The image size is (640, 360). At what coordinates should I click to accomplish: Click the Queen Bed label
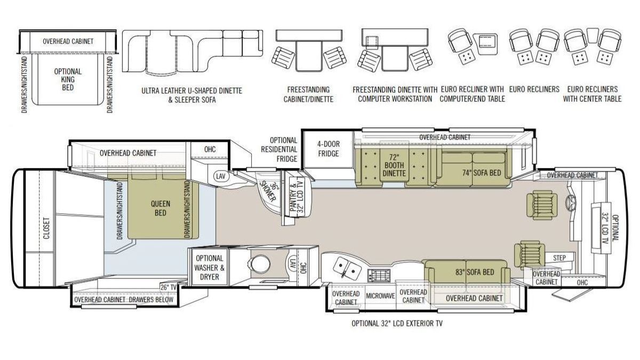point(161,209)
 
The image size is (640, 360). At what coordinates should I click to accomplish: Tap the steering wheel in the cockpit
point(571,202)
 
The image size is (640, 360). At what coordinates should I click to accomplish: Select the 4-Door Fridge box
point(329,149)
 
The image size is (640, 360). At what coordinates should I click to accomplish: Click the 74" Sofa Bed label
point(482,173)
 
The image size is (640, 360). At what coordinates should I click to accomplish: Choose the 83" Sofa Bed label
point(475,273)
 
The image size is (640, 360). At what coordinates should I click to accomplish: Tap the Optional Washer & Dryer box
point(210,267)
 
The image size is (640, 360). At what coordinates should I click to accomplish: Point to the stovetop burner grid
point(379,275)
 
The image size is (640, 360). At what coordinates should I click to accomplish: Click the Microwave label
point(380,296)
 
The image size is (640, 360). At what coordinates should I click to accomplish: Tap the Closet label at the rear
point(46,228)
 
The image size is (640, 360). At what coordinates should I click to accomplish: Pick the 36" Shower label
point(269,191)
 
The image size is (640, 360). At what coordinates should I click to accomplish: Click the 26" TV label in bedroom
point(169,287)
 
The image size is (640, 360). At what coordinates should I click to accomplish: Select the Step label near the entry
point(559,258)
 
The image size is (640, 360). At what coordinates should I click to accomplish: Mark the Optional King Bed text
point(68,79)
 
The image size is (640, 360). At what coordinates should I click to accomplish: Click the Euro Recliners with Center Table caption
point(592,94)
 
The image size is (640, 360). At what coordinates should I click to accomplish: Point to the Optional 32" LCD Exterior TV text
point(397,323)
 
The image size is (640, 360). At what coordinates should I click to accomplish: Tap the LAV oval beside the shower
point(221,176)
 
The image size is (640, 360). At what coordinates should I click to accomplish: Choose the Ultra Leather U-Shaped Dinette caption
point(191,95)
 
